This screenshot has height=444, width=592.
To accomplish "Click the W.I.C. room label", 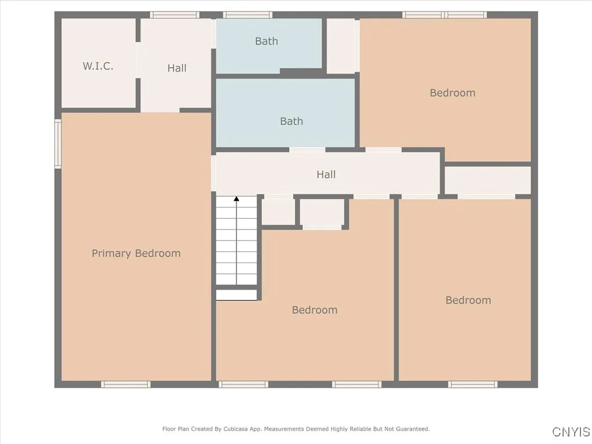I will click(98, 66).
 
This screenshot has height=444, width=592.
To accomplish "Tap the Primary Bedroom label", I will click(136, 253).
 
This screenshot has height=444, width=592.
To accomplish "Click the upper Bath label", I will click(267, 41).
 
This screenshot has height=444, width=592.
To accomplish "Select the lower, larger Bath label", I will click(291, 121).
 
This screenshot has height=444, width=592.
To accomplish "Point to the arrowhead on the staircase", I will click(236, 199).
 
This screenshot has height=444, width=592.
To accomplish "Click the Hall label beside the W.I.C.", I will click(177, 68).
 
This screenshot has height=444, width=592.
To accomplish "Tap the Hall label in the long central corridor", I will click(326, 175).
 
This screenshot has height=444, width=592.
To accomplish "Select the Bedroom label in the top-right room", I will click(453, 92).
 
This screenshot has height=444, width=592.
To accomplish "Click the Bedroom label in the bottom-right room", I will click(468, 300).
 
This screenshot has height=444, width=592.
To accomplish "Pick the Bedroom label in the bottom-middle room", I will click(314, 310).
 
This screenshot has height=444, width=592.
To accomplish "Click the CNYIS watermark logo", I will click(571, 432).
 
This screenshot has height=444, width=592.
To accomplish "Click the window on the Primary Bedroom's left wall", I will click(58, 143).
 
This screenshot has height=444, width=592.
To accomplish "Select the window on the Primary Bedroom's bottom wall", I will click(125, 384).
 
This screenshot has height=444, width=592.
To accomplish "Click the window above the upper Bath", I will click(247, 15).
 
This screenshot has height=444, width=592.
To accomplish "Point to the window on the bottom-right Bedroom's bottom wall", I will click(473, 384).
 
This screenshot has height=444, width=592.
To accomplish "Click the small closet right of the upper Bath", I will click(342, 46).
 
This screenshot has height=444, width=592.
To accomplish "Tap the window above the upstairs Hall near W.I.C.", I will click(175, 15).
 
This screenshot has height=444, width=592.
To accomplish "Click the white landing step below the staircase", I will click(236, 295).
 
